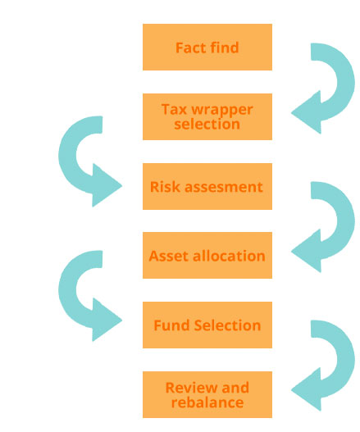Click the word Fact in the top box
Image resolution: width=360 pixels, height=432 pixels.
coord(189,48)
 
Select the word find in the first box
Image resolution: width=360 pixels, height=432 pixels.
coord(223,48)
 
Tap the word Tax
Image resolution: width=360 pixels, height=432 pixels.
coord(174,109)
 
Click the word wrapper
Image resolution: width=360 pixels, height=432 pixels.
coord(222,111)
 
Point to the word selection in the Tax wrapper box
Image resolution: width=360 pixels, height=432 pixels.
coord(207,124)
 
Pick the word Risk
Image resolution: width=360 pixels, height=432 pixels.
coord(166,187)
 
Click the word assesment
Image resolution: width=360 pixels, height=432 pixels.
coord(224,187)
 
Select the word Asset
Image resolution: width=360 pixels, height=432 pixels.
coord(169,256)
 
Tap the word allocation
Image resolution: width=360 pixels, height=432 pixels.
coord(229,256)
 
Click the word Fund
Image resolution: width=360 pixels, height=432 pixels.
coord(171,325)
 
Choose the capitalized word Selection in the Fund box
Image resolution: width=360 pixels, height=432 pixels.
coord(228,325)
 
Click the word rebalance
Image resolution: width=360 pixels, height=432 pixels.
coord(207,402)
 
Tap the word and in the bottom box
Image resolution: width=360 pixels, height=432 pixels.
coord(235,388)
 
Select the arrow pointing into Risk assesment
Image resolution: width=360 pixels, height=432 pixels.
coord(67,160)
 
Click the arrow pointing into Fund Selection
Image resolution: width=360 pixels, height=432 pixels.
coord(67,294)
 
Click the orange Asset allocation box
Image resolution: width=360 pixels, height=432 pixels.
coord(207,256)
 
